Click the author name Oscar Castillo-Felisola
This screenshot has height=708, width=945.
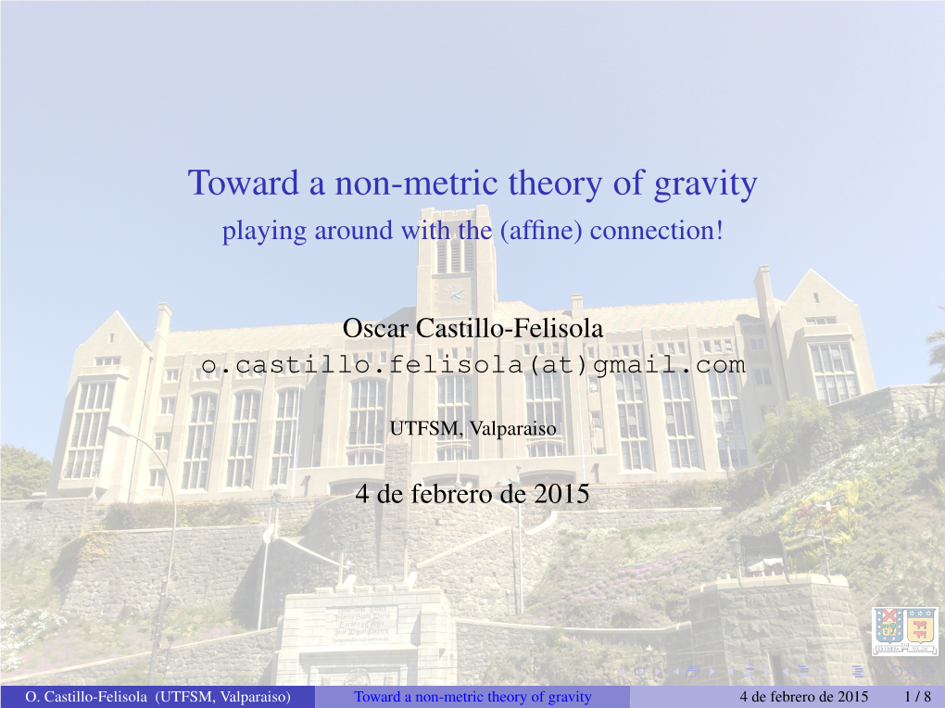472,328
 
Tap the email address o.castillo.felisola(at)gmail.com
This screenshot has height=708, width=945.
473,365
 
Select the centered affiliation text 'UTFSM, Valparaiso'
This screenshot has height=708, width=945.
473,428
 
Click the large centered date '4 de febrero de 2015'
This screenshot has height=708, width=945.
472,494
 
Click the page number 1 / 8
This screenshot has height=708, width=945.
917,697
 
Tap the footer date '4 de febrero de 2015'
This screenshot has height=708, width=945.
804,697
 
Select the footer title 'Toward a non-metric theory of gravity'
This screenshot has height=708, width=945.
472,697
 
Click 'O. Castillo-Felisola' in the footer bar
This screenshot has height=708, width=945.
86,697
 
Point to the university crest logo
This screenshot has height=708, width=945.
905,630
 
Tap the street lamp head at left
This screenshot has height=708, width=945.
120,429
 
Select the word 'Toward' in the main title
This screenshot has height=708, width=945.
244,183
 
